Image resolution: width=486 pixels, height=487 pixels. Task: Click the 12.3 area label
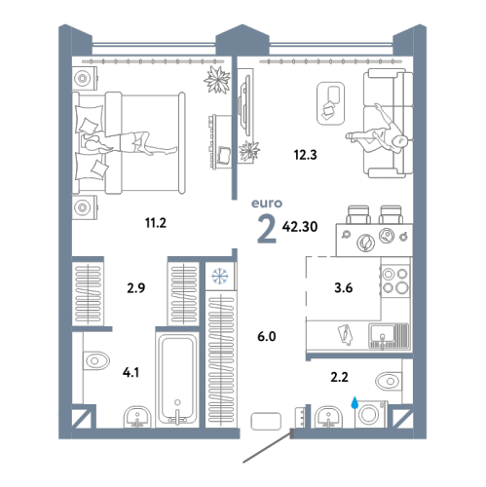coord(305,155)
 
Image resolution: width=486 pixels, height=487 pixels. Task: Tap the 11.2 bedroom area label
coord(156,223)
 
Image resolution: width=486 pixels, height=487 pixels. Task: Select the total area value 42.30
coord(300,227)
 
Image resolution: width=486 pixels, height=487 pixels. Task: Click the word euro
coord(267,204)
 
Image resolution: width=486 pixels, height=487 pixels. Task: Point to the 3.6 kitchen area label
coord(344,287)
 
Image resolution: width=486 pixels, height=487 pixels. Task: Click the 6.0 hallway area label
coord(267,336)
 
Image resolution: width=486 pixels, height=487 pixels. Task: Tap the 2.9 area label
coord(136,288)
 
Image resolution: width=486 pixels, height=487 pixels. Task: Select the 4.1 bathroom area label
coord(131,372)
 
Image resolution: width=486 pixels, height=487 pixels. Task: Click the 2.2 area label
coord(339,377)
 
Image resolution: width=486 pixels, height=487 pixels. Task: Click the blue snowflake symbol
coord(220,276)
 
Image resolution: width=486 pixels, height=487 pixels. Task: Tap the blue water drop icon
coord(355,402)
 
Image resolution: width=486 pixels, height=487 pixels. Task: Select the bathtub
coord(177,380)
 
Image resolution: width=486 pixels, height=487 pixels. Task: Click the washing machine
coord(371,414)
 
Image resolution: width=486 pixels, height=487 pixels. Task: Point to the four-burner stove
coord(395,281)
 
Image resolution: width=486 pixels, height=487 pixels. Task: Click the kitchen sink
coord(389,336)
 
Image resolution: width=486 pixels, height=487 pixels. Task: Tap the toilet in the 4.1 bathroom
coord(96,360)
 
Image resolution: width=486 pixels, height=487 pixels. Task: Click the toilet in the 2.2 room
coord(389,381)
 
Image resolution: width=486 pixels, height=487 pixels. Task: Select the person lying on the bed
coord(129,143)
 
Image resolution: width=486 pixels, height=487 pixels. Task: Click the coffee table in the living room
coord(330,103)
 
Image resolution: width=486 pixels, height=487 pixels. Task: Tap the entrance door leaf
coord(267,446)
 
